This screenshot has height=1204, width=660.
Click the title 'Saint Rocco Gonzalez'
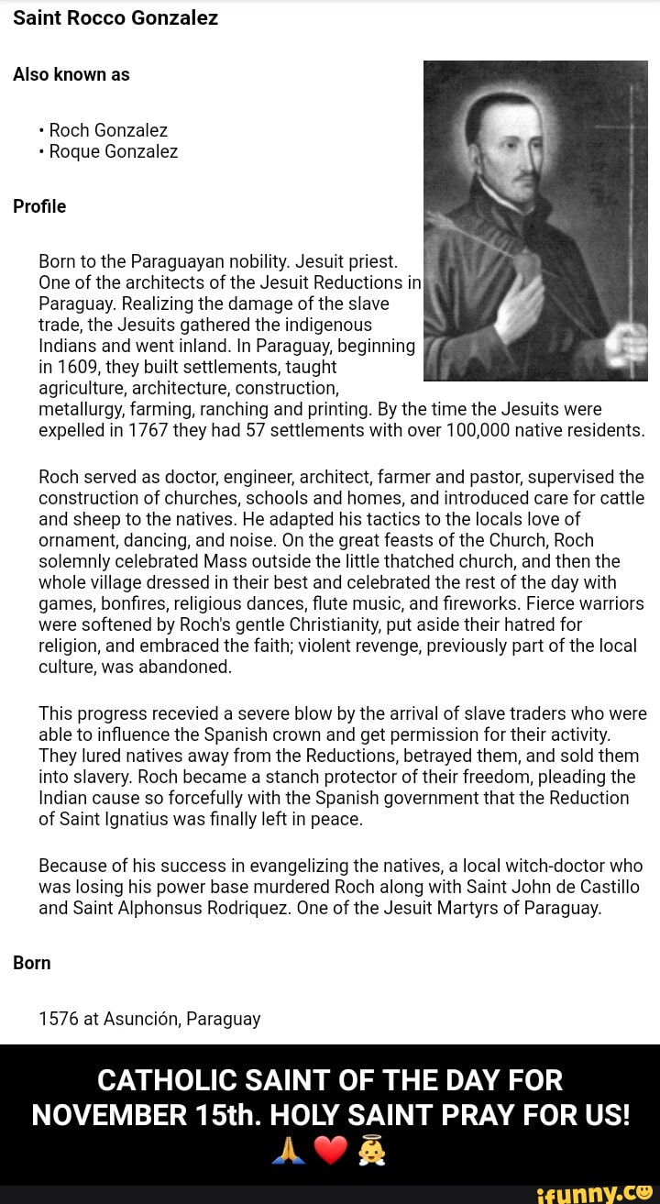coord(115,17)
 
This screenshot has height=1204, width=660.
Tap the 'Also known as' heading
coord(71,75)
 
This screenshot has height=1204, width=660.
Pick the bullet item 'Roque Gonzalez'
coord(114,151)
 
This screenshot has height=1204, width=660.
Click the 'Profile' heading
coord(39,206)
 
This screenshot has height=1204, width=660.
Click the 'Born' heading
coord(32,963)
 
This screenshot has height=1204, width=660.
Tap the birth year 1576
coord(59,1019)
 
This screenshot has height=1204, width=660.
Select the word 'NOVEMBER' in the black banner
coord(108,1114)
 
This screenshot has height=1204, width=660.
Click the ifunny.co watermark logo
coord(596,1192)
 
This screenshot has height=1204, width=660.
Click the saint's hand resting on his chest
coord(519,307)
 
